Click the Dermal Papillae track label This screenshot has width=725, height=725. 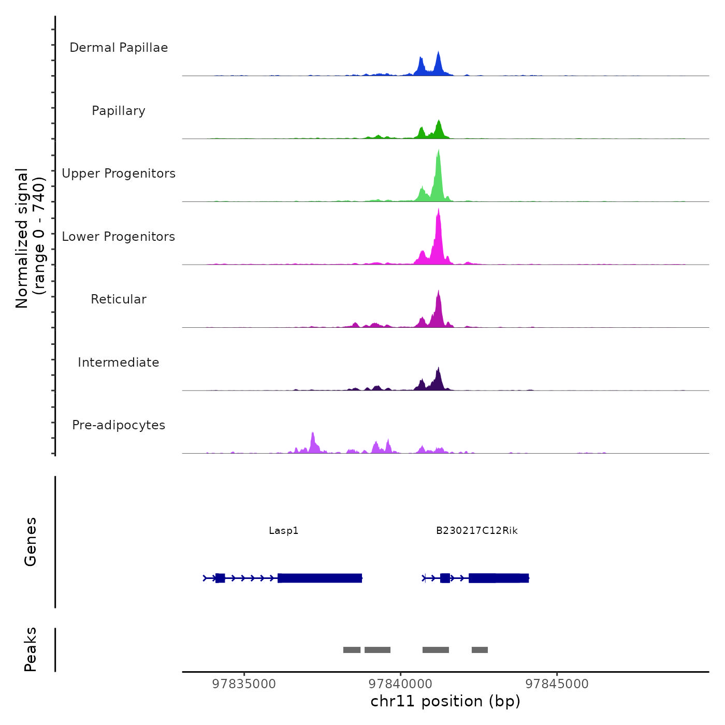coord(119,48)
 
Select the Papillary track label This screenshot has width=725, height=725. coord(119,111)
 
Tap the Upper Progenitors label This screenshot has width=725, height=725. coord(119,173)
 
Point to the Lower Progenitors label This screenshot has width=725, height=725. coord(119,237)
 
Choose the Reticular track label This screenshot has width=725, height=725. coord(119,299)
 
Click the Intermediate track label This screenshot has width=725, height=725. coord(119,363)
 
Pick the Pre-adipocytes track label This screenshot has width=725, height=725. coord(119,425)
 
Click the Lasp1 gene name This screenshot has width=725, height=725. coord(284,531)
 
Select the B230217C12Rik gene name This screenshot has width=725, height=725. coord(476,531)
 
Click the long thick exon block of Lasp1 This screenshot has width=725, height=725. coord(320,578)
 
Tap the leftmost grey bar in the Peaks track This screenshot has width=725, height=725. coord(352,650)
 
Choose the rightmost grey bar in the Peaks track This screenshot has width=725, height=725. coord(480,650)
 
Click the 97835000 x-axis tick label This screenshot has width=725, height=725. coord(244,684)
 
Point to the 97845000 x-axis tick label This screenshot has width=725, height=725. coord(557,684)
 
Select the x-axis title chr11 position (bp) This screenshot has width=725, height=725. coord(445,702)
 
